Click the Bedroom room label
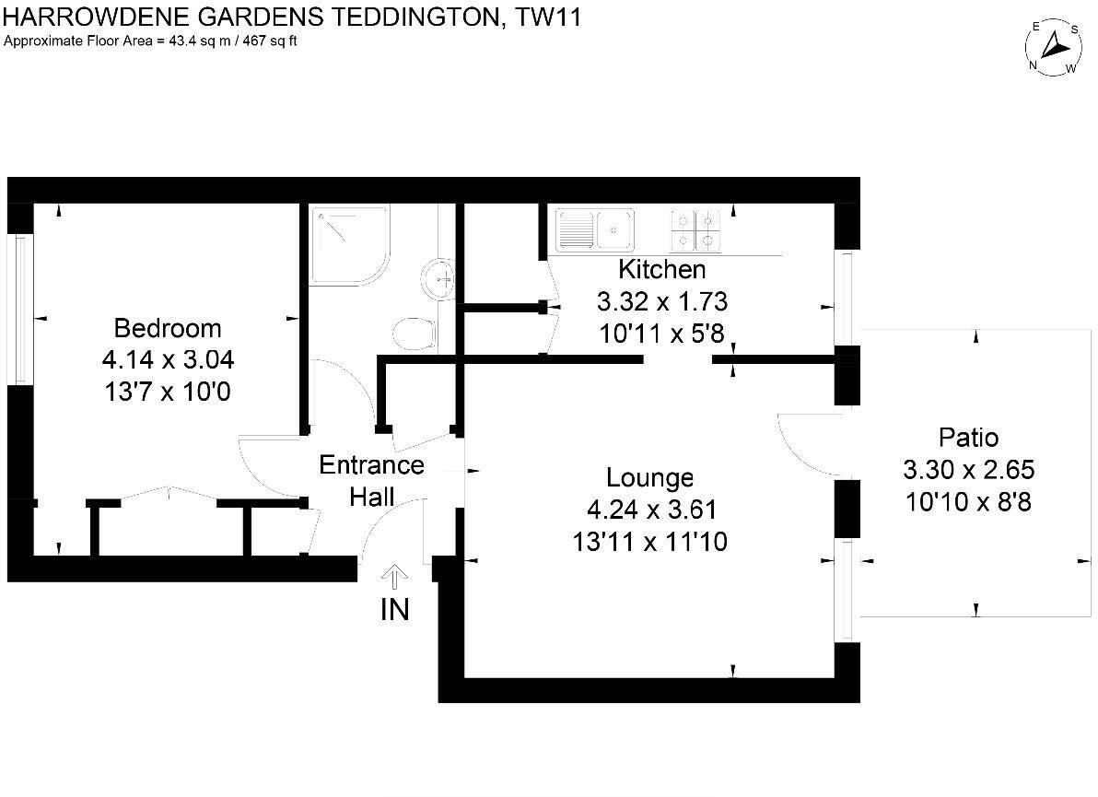point(167,328)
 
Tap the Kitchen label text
point(661,270)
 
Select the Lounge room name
point(649,478)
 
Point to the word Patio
point(968,438)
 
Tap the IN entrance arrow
point(395,578)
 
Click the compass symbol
point(1053,48)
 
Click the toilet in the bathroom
point(412,333)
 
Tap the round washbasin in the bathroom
point(439,277)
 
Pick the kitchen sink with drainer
point(594,229)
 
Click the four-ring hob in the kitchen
point(695,229)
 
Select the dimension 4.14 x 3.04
point(167,360)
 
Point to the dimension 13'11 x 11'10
point(649,542)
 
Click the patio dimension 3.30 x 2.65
point(968,470)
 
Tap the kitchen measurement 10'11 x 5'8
point(661,334)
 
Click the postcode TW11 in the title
point(549,18)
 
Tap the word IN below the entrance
point(395,610)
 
